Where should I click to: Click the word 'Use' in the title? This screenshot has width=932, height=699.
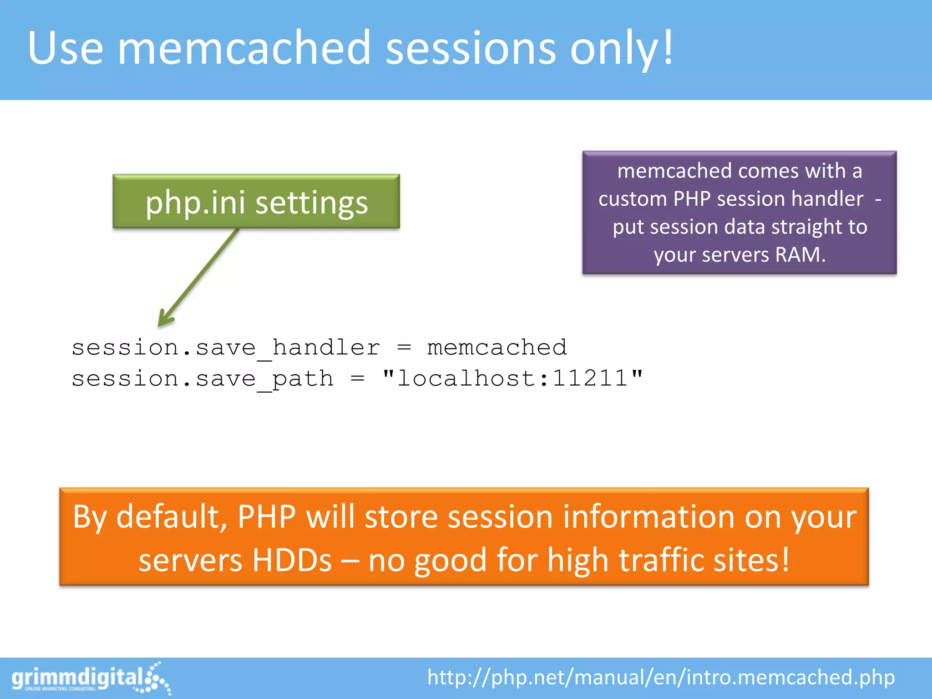coord(65,48)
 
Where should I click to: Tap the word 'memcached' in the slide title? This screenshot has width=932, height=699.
coord(244,48)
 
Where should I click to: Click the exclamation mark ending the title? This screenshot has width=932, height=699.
coord(668,47)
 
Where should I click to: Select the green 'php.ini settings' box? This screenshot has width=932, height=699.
coord(256,202)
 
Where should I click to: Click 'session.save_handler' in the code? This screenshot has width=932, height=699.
coord(226,349)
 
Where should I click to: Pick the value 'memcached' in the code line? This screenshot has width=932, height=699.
coord(497,348)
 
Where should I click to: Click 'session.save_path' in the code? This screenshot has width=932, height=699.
coord(203,379)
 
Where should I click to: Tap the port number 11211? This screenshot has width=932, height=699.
coord(590,378)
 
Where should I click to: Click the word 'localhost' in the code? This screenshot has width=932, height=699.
coord(466,378)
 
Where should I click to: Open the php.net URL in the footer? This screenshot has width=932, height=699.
coord(661,677)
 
